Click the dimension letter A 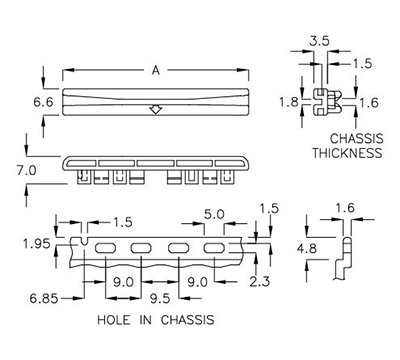156,71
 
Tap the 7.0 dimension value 26,171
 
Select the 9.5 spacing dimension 161,297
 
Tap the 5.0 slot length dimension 214,213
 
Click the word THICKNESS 347,154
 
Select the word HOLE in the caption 117,321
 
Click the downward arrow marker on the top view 154,109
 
